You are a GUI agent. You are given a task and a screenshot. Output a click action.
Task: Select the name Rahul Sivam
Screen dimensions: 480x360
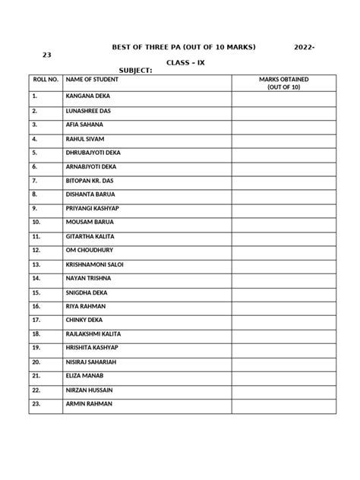coord(85,139)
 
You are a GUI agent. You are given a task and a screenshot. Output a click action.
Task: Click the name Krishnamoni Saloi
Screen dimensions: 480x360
coord(94,264)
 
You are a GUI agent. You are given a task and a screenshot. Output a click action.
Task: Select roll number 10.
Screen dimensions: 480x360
coord(36,223)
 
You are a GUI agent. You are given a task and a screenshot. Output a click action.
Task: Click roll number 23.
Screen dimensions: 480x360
coord(36,403)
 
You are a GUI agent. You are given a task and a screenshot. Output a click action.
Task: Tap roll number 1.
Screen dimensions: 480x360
coord(34,97)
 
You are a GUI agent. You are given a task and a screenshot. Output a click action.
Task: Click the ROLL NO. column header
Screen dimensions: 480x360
coord(45,79)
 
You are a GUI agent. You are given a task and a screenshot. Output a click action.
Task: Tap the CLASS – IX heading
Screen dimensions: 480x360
coord(185,61)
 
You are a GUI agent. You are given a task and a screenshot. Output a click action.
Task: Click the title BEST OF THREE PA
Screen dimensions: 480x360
coord(182,47)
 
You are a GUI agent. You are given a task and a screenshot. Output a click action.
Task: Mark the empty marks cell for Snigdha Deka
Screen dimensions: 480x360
coord(283,292)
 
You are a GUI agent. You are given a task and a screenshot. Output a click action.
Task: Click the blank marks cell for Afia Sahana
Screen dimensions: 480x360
coord(283,125)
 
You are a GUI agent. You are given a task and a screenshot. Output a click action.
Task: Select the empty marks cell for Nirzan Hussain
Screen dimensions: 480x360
coord(283,390)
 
